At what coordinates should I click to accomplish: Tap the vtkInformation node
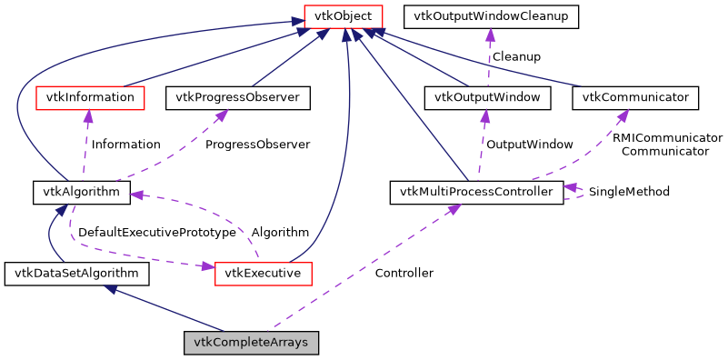click(89, 96)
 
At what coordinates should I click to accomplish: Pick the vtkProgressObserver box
click(238, 96)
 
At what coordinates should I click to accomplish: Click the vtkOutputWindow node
click(487, 96)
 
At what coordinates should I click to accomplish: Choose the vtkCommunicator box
click(635, 96)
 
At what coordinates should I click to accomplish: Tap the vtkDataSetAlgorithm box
click(76, 273)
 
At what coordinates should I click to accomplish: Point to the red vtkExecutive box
click(264, 273)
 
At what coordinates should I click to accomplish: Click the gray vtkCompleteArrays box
click(252, 343)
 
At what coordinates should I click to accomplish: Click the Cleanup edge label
click(515, 56)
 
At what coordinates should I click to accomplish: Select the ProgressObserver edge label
click(257, 145)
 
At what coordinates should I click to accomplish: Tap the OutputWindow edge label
click(529, 145)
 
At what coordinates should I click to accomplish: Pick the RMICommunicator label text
click(667, 138)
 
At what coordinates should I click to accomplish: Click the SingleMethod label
click(629, 192)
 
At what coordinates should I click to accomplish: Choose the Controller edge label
click(404, 273)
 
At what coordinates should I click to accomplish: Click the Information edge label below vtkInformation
click(125, 145)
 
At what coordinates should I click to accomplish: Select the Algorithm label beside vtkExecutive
click(280, 233)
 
